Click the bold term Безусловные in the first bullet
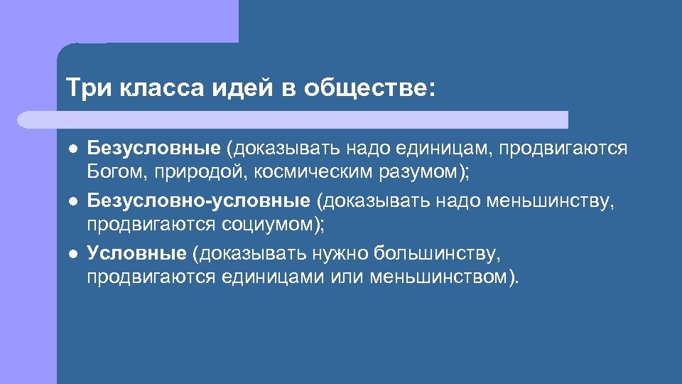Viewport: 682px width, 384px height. tap(153, 149)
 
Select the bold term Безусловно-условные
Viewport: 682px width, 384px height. tap(198, 202)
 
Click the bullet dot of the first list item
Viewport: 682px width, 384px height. tap(72, 150)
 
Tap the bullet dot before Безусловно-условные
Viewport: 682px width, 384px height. tap(72, 203)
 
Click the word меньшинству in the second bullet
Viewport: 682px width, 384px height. tap(548, 202)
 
